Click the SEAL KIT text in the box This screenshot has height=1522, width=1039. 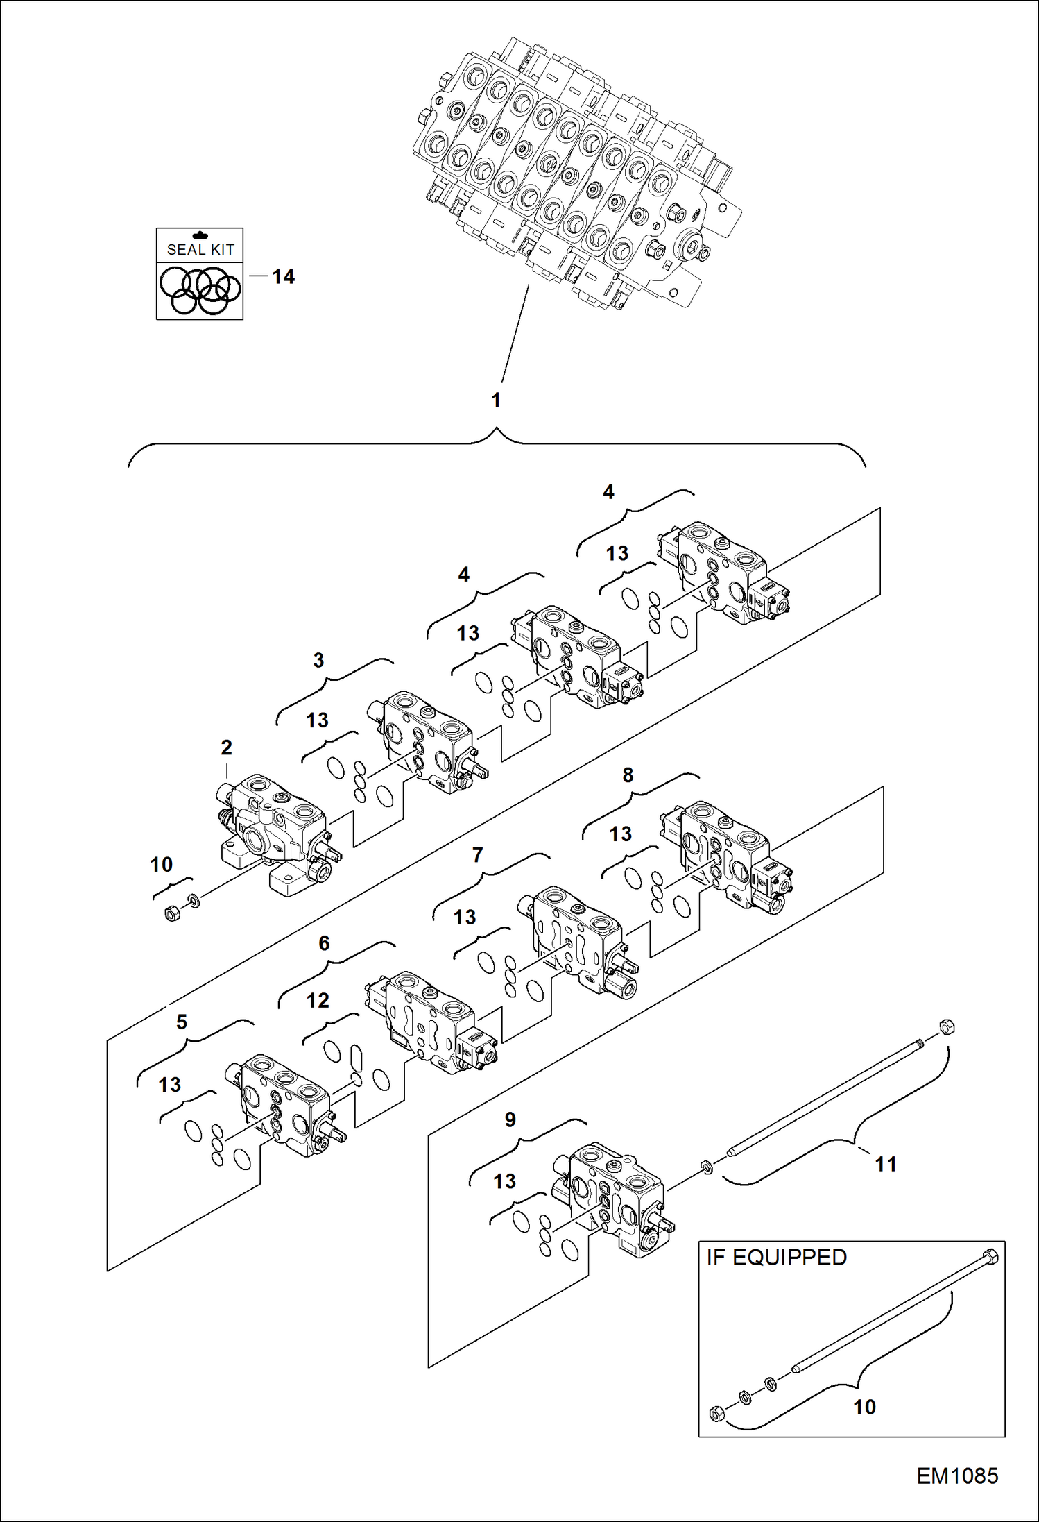[200, 249]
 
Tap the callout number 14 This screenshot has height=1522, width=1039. [283, 277]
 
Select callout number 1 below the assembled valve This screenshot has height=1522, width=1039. [496, 400]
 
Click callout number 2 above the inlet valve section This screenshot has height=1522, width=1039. [226, 747]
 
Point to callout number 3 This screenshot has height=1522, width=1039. [318, 660]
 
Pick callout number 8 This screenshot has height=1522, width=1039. [628, 775]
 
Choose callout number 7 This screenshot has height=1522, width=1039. [477, 856]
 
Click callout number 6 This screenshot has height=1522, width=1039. [324, 943]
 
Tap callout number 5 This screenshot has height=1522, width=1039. [182, 1022]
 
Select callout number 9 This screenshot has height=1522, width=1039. [510, 1119]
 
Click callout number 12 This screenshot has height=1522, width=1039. [318, 1000]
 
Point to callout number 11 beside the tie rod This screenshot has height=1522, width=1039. [886, 1164]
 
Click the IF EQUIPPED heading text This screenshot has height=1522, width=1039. [776, 1258]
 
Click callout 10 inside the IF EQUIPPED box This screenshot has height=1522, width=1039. [864, 1407]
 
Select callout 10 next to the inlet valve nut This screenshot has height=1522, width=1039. [161, 865]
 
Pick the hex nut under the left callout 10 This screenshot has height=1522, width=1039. [172, 913]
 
